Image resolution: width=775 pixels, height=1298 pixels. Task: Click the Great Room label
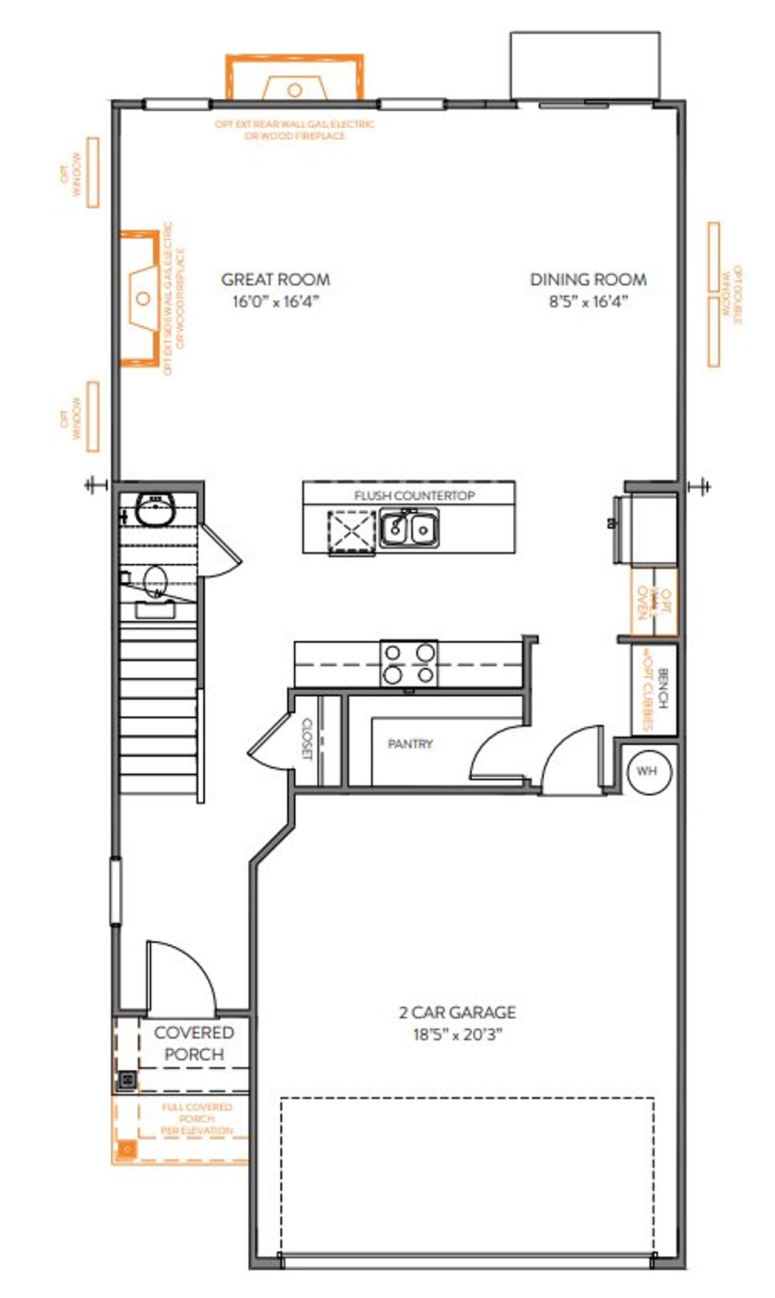pyautogui.click(x=275, y=280)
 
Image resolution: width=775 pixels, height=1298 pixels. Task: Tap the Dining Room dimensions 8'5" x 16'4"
pyautogui.click(x=588, y=301)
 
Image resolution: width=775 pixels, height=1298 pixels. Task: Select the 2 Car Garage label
pyautogui.click(x=457, y=1012)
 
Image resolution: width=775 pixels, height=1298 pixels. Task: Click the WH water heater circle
pyautogui.click(x=647, y=771)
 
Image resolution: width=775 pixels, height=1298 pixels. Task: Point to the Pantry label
pyautogui.click(x=410, y=743)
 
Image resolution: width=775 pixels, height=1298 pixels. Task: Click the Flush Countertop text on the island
pyautogui.click(x=414, y=496)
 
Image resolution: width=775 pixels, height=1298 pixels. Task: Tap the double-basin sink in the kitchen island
pyautogui.click(x=409, y=529)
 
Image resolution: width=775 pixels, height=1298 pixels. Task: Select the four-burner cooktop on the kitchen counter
pyautogui.click(x=409, y=663)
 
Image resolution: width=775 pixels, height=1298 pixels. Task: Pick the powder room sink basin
pyautogui.click(x=154, y=509)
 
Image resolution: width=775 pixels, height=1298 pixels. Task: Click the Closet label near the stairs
pyautogui.click(x=306, y=739)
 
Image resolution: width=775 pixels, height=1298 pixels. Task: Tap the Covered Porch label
pyautogui.click(x=194, y=1043)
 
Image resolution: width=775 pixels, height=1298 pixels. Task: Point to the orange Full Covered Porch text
pyautogui.click(x=196, y=1118)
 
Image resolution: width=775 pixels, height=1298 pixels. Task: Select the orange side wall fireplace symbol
pyautogui.click(x=140, y=298)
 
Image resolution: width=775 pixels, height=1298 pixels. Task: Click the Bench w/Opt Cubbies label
pyautogui.click(x=655, y=690)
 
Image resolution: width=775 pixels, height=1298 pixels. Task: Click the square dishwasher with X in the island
pyautogui.click(x=352, y=532)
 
